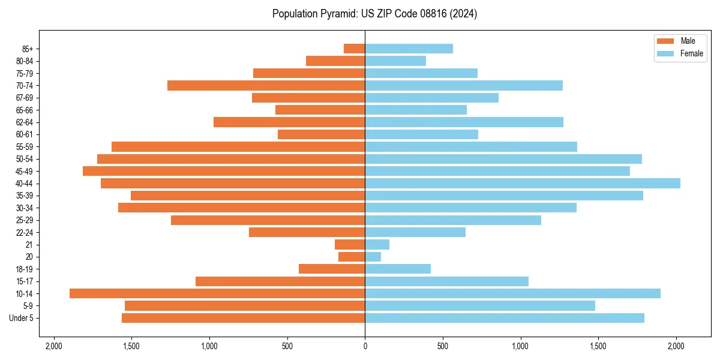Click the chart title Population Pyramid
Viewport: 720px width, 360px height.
click(x=374, y=14)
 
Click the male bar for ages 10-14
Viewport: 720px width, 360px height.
click(x=217, y=293)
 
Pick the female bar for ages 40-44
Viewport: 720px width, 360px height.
click(x=522, y=183)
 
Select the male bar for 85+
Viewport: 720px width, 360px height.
click(x=354, y=49)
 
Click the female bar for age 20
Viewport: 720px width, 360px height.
click(x=373, y=257)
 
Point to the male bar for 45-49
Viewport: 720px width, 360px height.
click(x=224, y=171)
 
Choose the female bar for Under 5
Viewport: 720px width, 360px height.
click(x=504, y=318)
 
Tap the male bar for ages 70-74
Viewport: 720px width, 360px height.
click(x=266, y=85)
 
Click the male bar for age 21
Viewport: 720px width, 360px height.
click(x=350, y=244)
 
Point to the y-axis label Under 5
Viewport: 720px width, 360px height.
click(x=22, y=318)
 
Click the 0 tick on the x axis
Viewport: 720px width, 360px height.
click(x=365, y=346)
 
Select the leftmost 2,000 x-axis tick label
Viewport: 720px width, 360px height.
click(x=54, y=346)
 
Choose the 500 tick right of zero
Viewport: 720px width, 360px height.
click(x=443, y=346)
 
